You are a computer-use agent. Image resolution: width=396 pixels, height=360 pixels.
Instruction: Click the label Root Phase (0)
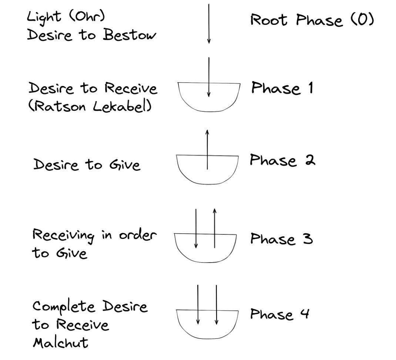[x=312, y=20]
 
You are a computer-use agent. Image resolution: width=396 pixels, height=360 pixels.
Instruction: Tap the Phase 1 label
[x=282, y=88]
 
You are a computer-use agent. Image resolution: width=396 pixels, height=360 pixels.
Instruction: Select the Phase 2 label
[x=282, y=160]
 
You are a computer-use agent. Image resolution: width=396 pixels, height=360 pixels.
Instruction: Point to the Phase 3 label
[x=281, y=239]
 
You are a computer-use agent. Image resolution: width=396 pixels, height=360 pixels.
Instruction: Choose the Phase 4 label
[x=279, y=314]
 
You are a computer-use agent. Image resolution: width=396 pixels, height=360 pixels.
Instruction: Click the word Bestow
[x=130, y=36]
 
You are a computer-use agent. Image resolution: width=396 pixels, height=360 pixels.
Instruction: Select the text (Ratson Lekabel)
[x=90, y=107]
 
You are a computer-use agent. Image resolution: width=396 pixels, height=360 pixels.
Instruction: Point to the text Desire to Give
[x=87, y=164]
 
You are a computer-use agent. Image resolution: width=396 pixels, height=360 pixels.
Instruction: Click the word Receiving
[x=63, y=236]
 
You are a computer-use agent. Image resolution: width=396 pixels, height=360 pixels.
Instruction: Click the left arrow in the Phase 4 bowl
[x=198, y=304]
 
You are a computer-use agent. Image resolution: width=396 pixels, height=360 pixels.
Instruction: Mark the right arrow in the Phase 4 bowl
[x=216, y=304]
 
